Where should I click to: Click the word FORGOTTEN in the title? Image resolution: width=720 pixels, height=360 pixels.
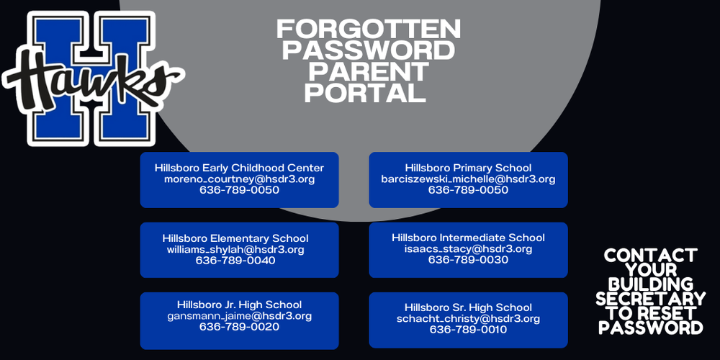369,30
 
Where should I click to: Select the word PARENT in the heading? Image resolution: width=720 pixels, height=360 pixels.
369,71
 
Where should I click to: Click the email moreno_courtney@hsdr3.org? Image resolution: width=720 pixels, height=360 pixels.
239,179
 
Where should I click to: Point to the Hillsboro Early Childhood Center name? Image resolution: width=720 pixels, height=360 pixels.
239,168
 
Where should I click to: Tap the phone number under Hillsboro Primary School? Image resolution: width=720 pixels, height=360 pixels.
468,191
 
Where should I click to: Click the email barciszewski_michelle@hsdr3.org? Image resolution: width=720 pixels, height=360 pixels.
468,179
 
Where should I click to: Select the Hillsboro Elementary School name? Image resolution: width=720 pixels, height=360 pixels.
235,238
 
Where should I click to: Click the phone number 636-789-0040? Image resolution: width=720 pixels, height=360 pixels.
235,261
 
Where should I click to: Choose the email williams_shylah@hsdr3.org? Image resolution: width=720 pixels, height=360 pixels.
235,250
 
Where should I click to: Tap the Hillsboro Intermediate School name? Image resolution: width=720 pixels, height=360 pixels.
468,238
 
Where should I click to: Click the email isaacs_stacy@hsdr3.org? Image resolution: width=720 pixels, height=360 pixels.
468,249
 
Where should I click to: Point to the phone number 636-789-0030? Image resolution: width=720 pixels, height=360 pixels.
468,260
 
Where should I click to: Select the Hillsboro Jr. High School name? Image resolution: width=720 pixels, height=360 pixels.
239,305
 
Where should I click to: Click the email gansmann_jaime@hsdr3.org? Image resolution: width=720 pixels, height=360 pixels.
239,316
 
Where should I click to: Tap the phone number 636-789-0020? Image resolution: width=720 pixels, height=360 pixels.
239,327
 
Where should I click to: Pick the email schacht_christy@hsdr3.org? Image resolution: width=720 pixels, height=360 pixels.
468,319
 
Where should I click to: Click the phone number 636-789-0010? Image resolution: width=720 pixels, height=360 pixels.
468,330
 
